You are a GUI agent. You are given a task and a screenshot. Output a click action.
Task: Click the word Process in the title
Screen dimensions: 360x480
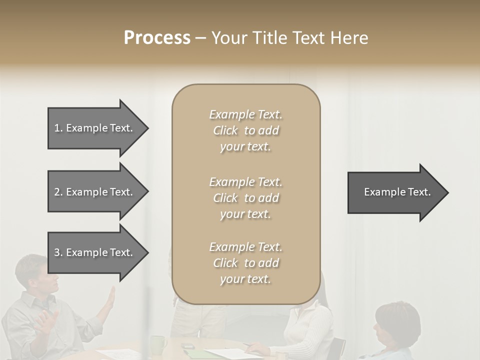157,38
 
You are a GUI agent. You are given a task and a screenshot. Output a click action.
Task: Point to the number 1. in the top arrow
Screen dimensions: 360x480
58,128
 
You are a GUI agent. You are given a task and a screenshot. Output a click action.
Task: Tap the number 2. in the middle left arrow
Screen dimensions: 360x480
58,192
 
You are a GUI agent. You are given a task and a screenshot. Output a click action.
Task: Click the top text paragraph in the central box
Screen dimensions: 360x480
245,130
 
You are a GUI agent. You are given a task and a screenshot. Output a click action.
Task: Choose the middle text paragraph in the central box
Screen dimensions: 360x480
245,198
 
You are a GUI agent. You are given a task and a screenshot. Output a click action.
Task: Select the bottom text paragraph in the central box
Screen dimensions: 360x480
245,263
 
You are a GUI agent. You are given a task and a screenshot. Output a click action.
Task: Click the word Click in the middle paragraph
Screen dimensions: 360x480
225,198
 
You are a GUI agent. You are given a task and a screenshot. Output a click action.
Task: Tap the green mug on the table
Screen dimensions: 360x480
158,344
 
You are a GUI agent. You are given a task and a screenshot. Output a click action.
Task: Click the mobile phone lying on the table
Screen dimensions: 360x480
187,346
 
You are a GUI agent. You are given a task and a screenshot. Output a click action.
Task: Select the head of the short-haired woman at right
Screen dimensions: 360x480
397,322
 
